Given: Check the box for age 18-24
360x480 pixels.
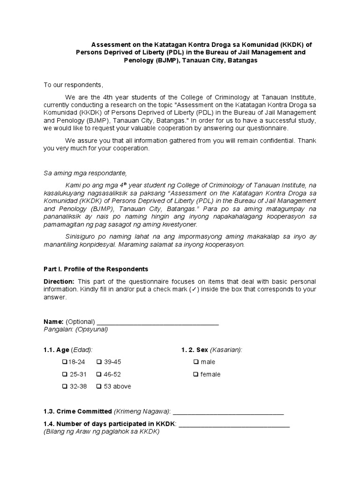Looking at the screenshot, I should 65,362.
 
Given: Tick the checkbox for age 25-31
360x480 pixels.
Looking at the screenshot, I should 65,375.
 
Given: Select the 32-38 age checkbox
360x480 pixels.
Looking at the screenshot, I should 65,387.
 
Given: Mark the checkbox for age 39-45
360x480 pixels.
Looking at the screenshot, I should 99,362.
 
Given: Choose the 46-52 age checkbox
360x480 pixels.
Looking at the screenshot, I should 99,375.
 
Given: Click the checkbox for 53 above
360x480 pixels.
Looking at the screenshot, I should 99,387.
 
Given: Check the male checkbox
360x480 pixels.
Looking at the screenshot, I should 195,362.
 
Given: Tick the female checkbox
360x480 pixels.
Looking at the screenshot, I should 195,375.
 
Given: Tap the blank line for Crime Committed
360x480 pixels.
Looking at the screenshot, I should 228,412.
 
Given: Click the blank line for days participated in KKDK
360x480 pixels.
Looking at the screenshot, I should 234,424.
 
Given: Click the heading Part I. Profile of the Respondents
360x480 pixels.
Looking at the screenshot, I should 96,269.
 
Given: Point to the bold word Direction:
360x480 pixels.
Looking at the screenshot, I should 59,281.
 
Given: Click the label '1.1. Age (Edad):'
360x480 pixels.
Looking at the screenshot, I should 68,350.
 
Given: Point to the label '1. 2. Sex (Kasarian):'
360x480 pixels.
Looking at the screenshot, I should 212,350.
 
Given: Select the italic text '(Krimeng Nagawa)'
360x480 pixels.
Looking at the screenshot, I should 142,412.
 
